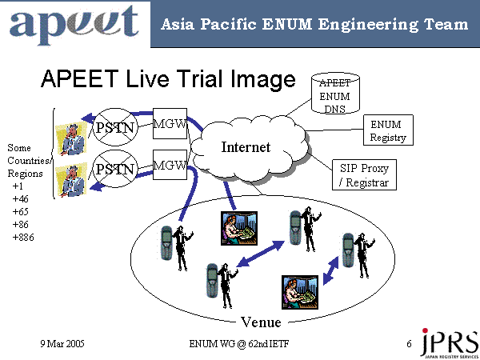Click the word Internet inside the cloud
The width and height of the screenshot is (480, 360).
tap(246, 147)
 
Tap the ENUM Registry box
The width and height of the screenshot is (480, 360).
tap(388, 130)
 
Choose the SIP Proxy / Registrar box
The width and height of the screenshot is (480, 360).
tap(365, 174)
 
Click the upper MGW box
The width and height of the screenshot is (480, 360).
tap(170, 125)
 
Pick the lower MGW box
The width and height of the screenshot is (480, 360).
tap(170, 166)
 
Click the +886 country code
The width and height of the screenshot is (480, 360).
tap(22, 238)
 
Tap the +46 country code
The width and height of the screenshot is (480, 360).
tap(20, 198)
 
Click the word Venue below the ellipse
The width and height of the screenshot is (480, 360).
tap(261, 322)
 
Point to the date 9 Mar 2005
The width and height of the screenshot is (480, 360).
tap(62, 343)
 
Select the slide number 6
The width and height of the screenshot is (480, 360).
tap(409, 343)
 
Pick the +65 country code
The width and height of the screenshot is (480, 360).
tap(20, 211)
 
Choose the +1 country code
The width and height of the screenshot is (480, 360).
tap(18, 186)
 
